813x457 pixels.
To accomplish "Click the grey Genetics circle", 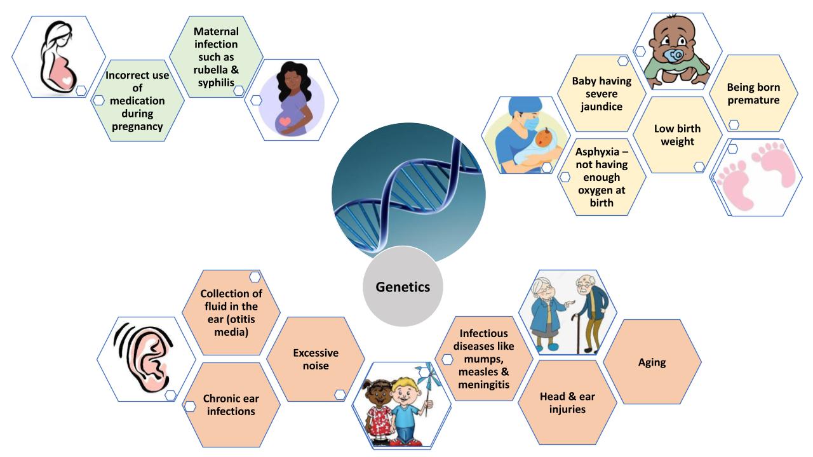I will tap(403, 287).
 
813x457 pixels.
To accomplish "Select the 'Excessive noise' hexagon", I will tap(316, 359).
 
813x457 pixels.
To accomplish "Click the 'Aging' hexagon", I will tap(652, 362).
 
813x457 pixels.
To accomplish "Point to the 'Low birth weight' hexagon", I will tap(678, 135).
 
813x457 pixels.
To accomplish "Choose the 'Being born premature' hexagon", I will tap(753, 93).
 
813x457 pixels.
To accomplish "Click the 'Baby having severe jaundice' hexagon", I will tap(601, 93).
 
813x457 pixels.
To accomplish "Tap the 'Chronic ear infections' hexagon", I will tap(231, 405).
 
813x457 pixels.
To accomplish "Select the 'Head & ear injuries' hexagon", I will tap(567, 402).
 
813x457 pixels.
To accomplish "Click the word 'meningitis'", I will tap(483, 384).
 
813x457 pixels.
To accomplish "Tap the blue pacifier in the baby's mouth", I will tap(675, 55).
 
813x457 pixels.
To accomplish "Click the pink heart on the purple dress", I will tap(285, 121).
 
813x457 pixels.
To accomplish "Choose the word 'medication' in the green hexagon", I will tap(137, 101).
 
